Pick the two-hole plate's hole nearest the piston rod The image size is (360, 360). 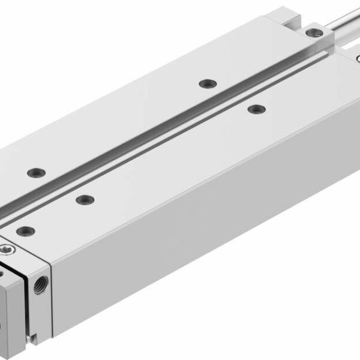click(x=207, y=82)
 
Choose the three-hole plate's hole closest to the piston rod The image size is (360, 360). click(x=256, y=109)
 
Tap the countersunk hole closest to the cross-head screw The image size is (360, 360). click(x=24, y=229)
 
